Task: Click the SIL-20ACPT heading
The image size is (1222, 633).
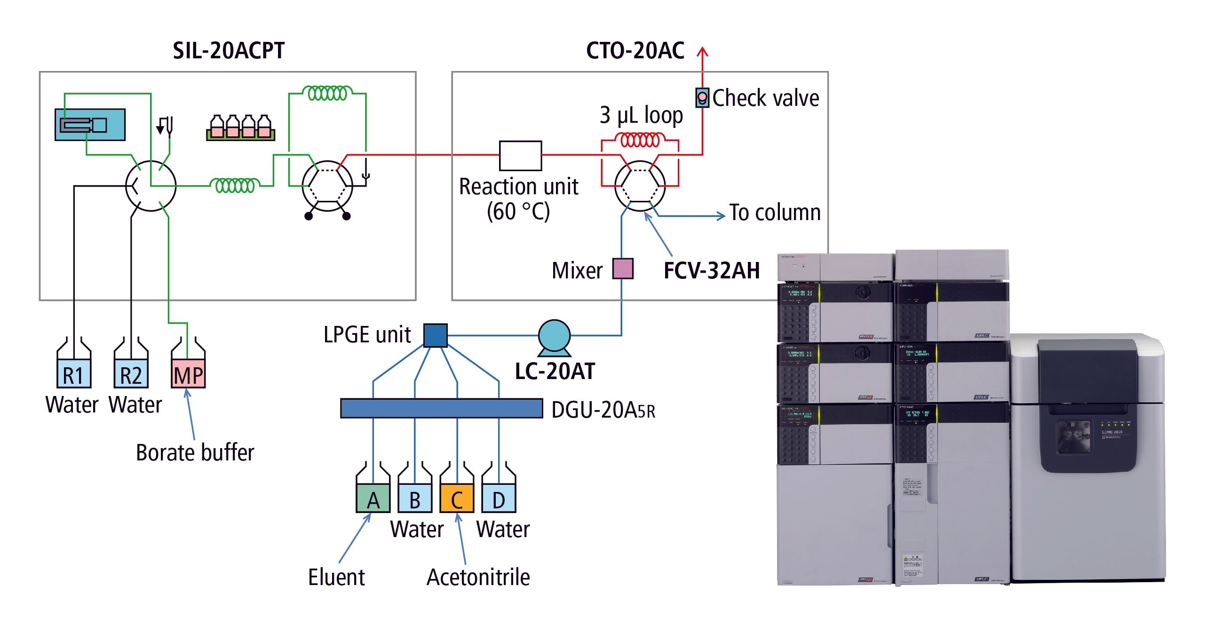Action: [x=228, y=51]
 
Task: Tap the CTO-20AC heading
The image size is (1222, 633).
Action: [x=635, y=51]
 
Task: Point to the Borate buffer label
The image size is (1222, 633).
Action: [x=195, y=452]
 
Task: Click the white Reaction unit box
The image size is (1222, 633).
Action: [x=520, y=156]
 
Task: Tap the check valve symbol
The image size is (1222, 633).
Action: [x=702, y=98]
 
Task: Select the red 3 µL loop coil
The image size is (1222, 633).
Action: [x=640, y=140]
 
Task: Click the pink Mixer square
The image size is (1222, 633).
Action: [x=623, y=269]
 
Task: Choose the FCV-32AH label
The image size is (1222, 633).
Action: [x=712, y=271]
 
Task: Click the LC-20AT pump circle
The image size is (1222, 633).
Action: [x=554, y=336]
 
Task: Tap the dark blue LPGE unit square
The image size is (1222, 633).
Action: [x=435, y=335]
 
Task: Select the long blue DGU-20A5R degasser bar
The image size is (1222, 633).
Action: [x=441, y=408]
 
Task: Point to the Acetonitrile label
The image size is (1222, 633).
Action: [x=478, y=577]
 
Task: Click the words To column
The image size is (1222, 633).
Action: [x=775, y=213]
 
